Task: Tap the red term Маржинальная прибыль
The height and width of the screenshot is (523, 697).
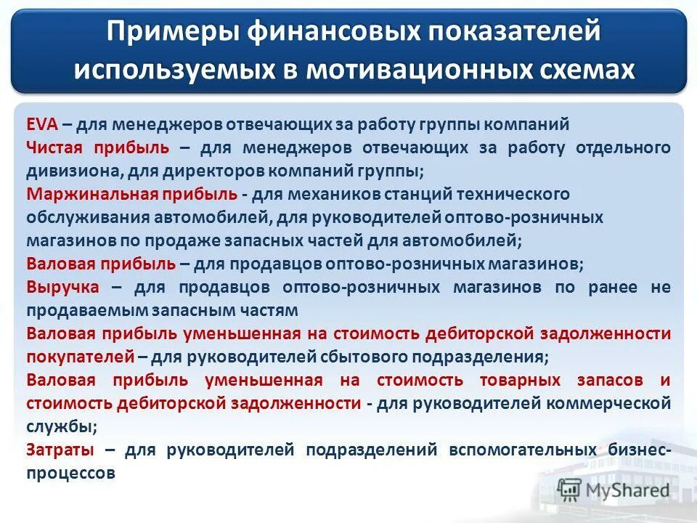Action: click(x=131, y=195)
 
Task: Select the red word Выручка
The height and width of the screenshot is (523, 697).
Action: click(x=62, y=287)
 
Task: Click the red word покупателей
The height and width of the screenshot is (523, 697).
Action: click(x=81, y=357)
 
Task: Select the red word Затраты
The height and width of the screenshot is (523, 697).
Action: click(x=60, y=450)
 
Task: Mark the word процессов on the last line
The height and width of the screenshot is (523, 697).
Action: click(x=70, y=473)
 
